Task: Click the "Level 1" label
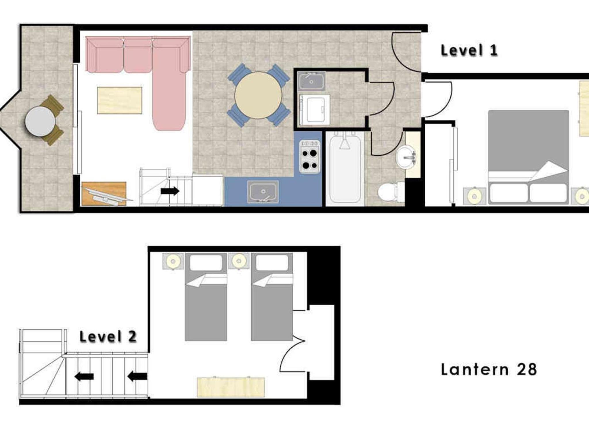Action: (469, 50)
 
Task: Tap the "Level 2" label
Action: (108, 336)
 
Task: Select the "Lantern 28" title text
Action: (489, 369)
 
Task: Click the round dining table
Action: (258, 95)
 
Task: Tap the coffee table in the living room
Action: (120, 100)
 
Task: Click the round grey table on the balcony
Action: (40, 121)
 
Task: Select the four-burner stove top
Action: (310, 157)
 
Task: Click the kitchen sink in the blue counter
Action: (263, 192)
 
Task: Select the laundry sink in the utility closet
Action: (311, 81)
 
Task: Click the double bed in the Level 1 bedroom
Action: (528, 157)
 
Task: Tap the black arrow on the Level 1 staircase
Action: (170, 191)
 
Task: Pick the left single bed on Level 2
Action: (206, 297)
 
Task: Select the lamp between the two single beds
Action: (239, 261)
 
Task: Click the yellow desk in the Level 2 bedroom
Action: (231, 387)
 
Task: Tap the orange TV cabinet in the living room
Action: (104, 194)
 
